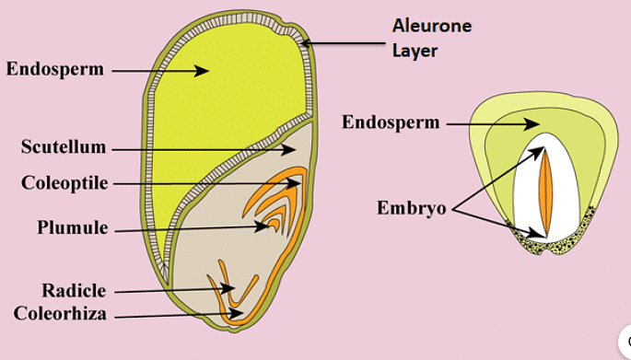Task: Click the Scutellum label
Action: point(64,147)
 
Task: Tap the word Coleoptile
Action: point(64,183)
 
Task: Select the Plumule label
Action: point(73,227)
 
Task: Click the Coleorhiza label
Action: point(60,313)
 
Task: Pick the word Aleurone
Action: point(432,26)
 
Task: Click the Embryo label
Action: point(411,208)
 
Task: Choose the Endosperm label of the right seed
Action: point(391,122)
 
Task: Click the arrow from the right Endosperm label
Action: point(492,122)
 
